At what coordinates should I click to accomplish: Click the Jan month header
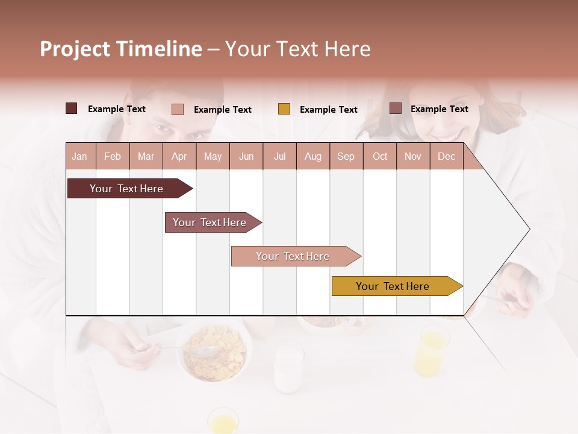click(79, 156)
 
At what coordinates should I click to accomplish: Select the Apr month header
click(179, 156)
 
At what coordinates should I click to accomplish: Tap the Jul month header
click(279, 156)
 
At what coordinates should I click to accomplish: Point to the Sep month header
click(346, 156)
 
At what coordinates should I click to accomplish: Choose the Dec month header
click(446, 156)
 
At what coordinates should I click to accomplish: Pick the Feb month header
click(113, 156)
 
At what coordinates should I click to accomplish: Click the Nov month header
click(413, 156)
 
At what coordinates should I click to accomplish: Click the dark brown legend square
click(72, 108)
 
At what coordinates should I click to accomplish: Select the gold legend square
click(284, 109)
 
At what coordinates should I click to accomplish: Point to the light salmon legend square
click(178, 109)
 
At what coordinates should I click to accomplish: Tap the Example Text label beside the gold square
click(329, 110)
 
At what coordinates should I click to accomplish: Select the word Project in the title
click(76, 49)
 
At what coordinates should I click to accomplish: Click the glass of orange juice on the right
click(432, 350)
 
